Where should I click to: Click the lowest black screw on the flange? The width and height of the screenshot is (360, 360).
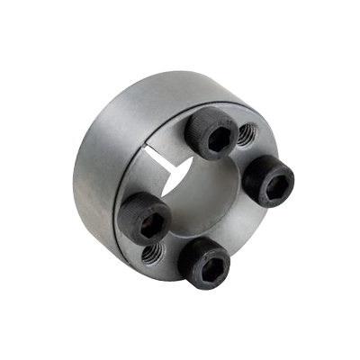pos(205,264)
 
